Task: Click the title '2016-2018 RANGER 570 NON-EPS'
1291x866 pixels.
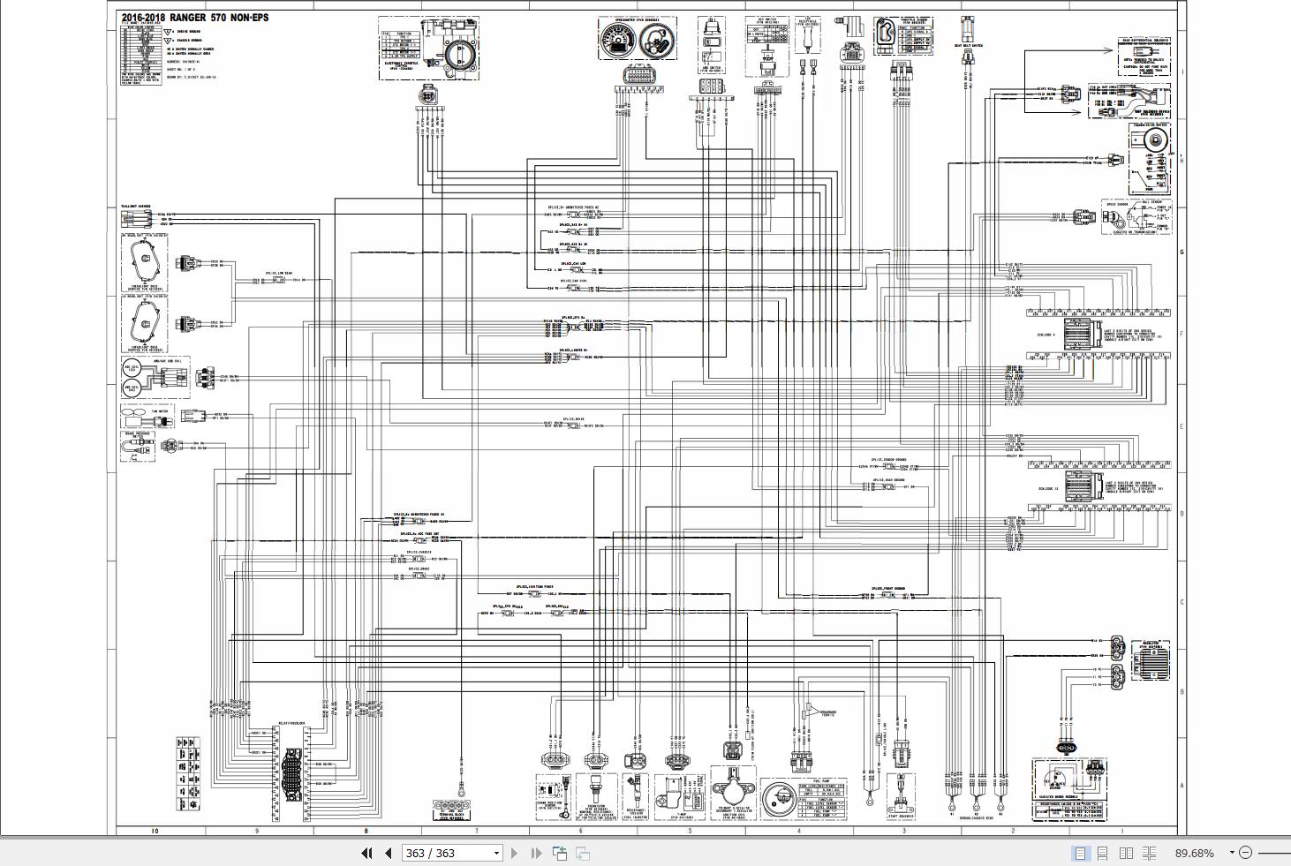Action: (195, 18)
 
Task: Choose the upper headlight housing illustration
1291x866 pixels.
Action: (143, 262)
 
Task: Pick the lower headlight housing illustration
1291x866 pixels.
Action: (143, 323)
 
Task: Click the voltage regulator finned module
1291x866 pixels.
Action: (1150, 661)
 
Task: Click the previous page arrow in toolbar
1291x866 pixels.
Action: (388, 853)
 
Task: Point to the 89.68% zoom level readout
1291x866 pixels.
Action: (1194, 853)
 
